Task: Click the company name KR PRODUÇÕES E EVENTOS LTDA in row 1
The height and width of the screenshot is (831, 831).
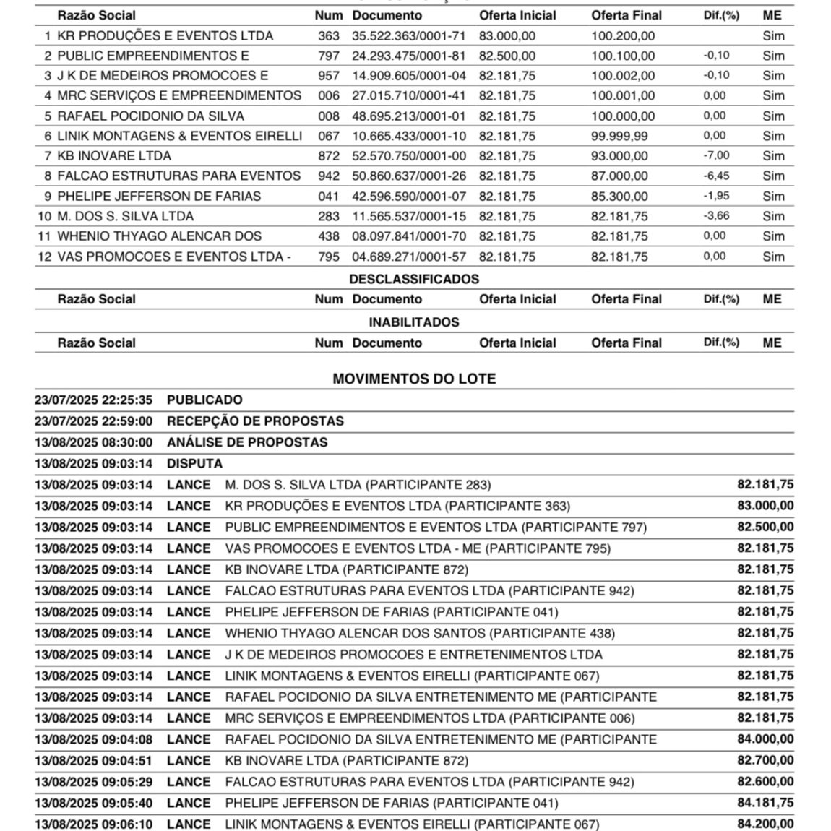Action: point(165,35)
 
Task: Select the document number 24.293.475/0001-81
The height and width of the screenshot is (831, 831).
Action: point(409,56)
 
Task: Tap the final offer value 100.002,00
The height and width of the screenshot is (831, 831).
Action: point(623,75)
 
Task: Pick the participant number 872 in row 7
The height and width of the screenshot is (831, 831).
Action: point(328,155)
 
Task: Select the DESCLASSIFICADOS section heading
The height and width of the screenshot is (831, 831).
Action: point(414,279)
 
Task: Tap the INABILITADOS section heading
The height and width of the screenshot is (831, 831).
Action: point(414,322)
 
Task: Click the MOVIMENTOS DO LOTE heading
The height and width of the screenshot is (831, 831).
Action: point(414,379)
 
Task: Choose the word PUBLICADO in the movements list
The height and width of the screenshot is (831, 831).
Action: point(204,400)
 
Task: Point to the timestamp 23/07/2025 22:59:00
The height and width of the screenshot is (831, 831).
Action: point(94,421)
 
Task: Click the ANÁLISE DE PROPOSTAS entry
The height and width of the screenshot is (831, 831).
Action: point(247,442)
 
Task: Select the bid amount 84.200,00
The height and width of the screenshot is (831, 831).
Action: point(765,824)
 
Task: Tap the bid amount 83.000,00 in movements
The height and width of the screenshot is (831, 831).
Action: point(765,506)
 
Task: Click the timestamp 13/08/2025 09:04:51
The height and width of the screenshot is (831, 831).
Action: point(94,760)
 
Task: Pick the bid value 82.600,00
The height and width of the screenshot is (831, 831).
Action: point(765,782)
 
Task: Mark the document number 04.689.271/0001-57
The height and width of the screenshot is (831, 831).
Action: point(409,257)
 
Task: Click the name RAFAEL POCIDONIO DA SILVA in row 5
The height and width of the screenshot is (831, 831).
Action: point(151,116)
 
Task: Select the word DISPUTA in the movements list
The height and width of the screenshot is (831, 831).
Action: point(194,463)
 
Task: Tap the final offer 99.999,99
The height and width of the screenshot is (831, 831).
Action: point(619,136)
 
